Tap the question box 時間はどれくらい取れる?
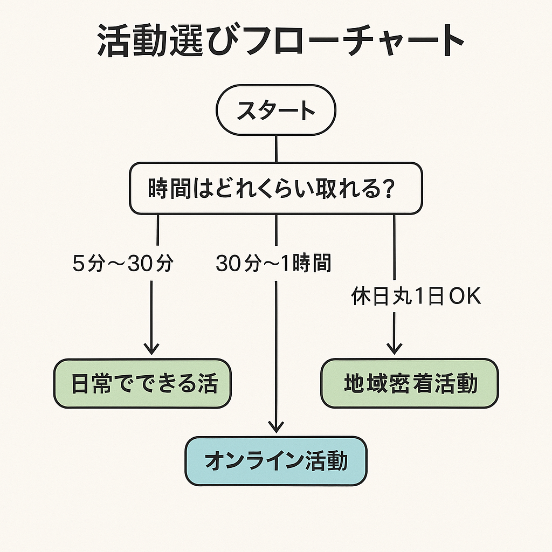click(275, 189)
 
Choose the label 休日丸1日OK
click(416, 297)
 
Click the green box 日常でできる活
click(142, 383)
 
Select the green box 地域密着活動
click(410, 383)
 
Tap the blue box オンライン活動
click(275, 461)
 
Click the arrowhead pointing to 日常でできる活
click(151, 348)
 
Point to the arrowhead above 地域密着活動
click(395, 348)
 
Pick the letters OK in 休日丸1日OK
click(465, 297)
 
